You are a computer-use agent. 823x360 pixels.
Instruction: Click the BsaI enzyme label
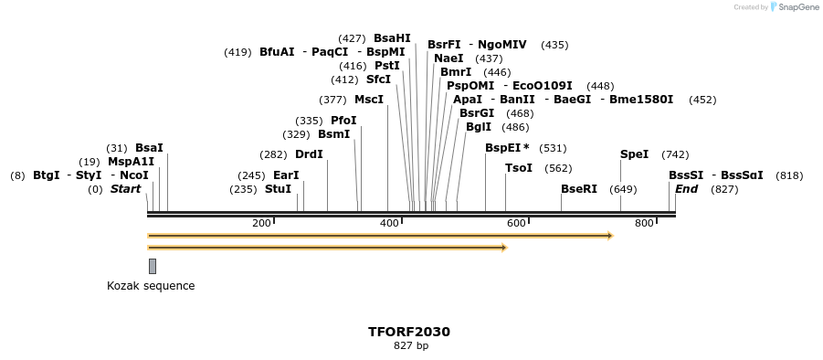[149, 148]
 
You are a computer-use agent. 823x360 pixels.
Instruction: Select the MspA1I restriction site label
[131, 162]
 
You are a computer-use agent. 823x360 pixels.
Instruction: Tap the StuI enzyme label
[278, 189]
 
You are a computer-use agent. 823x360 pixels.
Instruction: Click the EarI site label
[286, 175]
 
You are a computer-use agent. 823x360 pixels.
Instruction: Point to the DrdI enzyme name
[309, 154]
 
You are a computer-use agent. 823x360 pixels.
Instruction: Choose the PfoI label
[343, 121]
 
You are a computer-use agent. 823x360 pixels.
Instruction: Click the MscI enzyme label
[369, 100]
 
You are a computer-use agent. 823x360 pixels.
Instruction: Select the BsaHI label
[392, 38]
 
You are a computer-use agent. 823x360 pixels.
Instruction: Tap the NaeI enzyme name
[448, 58]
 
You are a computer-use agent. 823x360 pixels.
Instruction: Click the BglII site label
[479, 127]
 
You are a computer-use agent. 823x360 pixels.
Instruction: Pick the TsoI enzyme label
[519, 168]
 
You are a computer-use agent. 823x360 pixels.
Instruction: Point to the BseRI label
[579, 189]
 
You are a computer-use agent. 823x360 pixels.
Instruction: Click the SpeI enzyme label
[634, 154]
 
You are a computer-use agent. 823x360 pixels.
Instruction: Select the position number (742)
[675, 154]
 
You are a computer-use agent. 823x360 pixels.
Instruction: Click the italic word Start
[126, 189]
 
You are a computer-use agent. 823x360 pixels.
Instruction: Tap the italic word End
[686, 189]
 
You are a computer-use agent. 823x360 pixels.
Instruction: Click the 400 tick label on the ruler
[390, 223]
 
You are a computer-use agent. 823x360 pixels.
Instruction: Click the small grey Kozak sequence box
[153, 266]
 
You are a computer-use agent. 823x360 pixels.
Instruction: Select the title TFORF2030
[409, 332]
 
